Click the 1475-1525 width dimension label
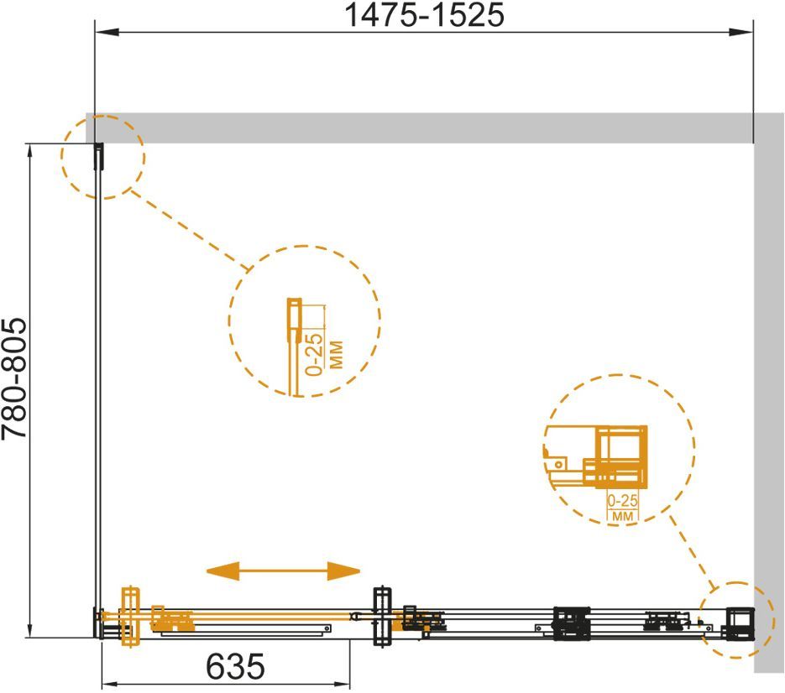coord(425,15)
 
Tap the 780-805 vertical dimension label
coord(14,378)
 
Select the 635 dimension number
coord(235,666)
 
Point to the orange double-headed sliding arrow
coord(284,571)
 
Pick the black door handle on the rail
coord(383,617)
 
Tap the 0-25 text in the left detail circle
coord(314,354)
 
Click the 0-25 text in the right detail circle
coord(623,500)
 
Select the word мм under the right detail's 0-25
coord(623,515)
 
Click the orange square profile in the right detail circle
coord(620,456)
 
